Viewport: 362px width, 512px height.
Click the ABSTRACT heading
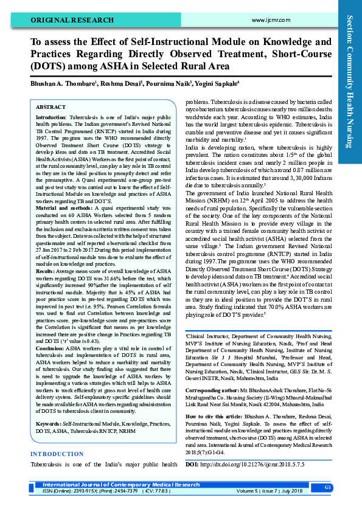coord(52,106)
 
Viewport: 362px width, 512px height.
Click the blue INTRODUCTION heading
coord(57,454)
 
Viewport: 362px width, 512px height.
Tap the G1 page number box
coord(327,488)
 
